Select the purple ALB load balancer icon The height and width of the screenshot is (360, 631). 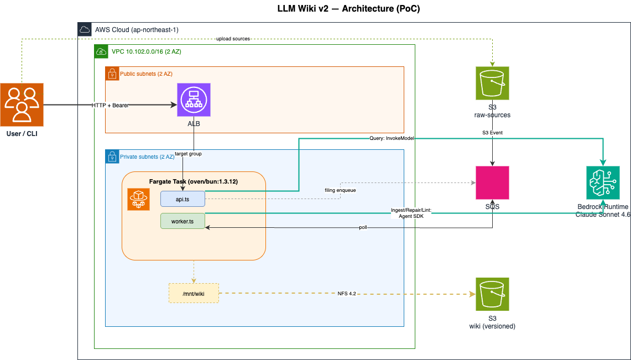click(x=194, y=100)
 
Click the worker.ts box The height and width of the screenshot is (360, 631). click(x=182, y=221)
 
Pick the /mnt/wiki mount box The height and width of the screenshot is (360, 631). click(x=194, y=293)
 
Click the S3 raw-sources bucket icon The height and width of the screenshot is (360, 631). click(x=492, y=84)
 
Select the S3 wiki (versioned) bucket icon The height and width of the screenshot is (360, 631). click(x=492, y=294)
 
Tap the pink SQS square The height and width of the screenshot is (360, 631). click(x=492, y=183)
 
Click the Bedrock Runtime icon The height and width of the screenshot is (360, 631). click(x=603, y=183)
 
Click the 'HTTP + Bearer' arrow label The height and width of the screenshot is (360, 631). click(x=111, y=105)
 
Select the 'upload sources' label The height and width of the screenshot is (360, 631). click(x=233, y=39)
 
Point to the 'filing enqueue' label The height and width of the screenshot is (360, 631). click(x=340, y=190)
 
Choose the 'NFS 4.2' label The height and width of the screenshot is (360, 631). click(x=347, y=294)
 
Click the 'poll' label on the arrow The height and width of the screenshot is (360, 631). click(x=378, y=227)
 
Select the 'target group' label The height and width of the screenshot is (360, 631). click(x=188, y=153)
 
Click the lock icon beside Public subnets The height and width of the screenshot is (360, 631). click(x=112, y=73)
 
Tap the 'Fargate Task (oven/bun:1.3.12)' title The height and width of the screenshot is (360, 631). click(x=194, y=181)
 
